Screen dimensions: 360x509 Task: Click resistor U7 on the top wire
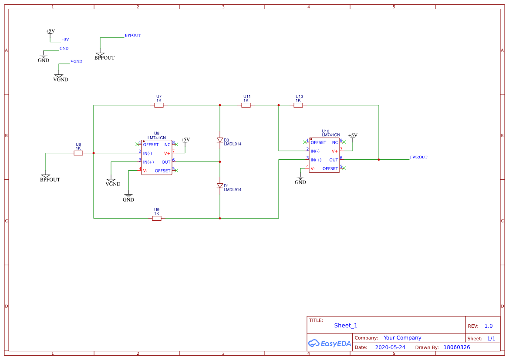[x=159, y=105]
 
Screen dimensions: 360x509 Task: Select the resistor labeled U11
[x=246, y=105]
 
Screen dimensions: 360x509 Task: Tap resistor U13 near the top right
[x=298, y=105]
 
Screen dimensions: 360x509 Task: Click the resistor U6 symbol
[x=78, y=153]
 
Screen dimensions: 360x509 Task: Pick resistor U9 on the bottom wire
[x=157, y=218]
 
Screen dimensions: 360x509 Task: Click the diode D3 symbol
[x=220, y=140]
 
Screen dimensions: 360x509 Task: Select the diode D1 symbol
[x=220, y=186]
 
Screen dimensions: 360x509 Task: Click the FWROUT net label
[x=418, y=157]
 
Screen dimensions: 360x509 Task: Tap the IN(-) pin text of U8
[x=147, y=153]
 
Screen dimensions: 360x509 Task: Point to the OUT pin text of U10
[x=334, y=160]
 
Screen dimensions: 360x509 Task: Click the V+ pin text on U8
[x=167, y=153]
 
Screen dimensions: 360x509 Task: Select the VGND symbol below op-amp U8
[x=111, y=182]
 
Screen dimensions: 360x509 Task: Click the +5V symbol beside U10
[x=353, y=136]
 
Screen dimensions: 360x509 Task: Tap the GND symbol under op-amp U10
[x=300, y=179]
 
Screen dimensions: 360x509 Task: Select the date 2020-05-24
[x=390, y=347]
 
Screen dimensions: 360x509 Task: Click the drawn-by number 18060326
[x=456, y=347]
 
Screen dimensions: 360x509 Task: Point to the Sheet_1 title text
[x=346, y=326]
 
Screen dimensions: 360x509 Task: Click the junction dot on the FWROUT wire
[x=379, y=160]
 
